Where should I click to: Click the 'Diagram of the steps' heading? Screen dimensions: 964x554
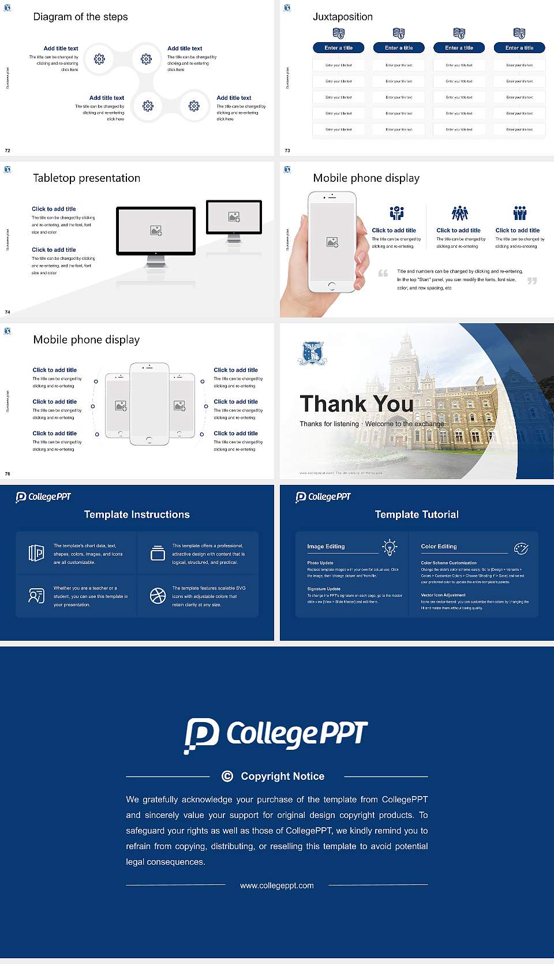coord(80,17)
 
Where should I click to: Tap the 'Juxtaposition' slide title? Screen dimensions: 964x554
coord(342,17)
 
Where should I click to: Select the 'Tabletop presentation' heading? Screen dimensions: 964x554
coord(87,178)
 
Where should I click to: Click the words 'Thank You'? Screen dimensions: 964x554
coord(356,403)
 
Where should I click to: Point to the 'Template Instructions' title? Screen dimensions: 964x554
coord(137,514)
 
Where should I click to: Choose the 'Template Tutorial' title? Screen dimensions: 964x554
coord(417,514)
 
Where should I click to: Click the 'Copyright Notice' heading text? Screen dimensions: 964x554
coord(282,776)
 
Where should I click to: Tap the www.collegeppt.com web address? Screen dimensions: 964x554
coord(277,885)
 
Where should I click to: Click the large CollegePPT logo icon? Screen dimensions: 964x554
coord(201,735)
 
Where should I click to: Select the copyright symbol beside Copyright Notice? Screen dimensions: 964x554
coord(227,776)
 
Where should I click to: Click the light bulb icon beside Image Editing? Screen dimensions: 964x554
coord(390,547)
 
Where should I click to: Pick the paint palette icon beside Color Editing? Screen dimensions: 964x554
coord(521,548)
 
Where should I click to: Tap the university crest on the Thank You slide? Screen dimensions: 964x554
coord(312,353)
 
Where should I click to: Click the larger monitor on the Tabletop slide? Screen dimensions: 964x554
coord(156,231)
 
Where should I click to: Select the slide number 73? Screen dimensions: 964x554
coord(287,151)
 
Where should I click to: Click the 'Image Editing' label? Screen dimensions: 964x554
coord(326,547)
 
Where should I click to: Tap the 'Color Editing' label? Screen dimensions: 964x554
coord(439,547)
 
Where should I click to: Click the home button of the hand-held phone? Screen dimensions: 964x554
coord(332,286)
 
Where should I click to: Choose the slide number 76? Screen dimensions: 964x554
coord(8,474)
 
